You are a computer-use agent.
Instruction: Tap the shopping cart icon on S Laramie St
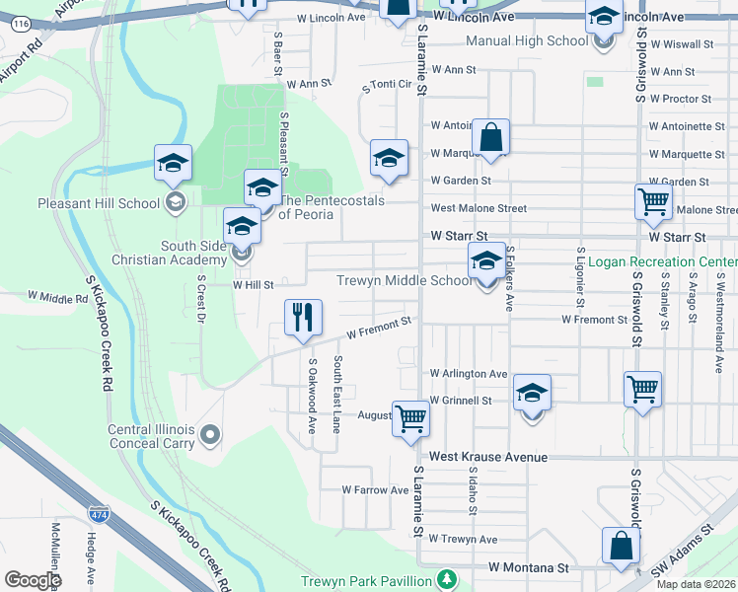point(410,418)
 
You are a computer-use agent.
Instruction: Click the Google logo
point(33,579)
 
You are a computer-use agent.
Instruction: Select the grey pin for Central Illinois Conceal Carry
point(209,434)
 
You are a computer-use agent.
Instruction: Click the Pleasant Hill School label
point(84,203)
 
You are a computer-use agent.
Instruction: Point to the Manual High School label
point(526,41)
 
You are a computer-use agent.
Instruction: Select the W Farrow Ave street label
point(375,489)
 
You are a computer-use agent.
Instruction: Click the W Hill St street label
point(253,283)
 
